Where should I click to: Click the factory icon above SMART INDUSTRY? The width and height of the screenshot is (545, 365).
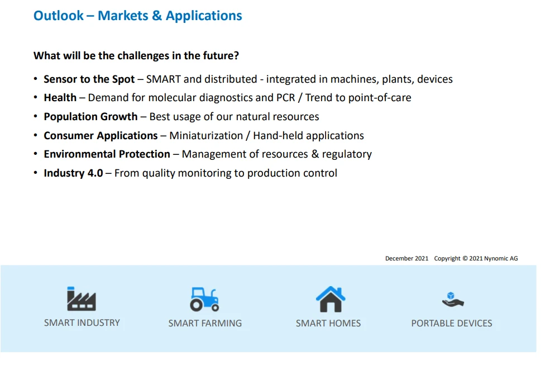82,298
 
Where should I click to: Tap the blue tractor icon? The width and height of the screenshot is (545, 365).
204,299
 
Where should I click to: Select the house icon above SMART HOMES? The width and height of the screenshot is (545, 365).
331,299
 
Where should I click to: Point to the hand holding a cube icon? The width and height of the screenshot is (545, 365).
453,299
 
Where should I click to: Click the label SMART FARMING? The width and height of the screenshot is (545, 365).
205,323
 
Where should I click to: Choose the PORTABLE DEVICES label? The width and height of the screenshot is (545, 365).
452,323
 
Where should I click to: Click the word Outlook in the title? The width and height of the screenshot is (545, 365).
59,16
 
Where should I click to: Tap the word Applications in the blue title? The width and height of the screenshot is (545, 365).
204,16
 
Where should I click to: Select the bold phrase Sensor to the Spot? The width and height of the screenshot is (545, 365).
89,79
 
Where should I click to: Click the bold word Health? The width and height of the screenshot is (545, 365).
60,98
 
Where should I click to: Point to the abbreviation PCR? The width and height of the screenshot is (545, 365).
286,98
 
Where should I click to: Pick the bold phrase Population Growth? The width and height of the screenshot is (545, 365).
90,117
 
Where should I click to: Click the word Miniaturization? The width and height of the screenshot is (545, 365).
206,135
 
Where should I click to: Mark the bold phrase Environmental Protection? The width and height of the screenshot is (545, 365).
107,154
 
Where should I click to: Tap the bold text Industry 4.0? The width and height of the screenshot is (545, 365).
73,173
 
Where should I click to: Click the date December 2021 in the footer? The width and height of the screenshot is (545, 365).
407,259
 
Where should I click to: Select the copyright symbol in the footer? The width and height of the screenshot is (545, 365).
465,259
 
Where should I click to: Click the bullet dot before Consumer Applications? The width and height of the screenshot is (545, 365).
35,135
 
